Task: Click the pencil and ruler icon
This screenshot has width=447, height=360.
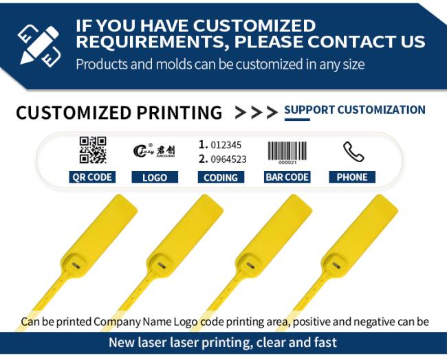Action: pyautogui.click(x=39, y=45)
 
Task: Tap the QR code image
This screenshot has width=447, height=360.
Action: pyautogui.click(x=93, y=150)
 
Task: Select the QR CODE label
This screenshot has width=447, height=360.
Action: pyautogui.click(x=92, y=177)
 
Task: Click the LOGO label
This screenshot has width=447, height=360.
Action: pyautogui.click(x=155, y=177)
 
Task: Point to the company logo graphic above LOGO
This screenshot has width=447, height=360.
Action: pyautogui.click(x=154, y=150)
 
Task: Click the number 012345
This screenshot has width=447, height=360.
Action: pyautogui.click(x=226, y=145)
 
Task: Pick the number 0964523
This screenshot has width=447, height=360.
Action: pyautogui.click(x=228, y=159)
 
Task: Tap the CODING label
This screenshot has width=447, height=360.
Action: pyautogui.click(x=221, y=177)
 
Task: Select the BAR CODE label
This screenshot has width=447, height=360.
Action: pyautogui.click(x=287, y=177)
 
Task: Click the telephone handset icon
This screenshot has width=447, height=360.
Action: pyautogui.click(x=353, y=152)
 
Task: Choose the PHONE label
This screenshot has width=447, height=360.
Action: pyautogui.click(x=352, y=177)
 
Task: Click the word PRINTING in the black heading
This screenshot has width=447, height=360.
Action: pyautogui.click(x=179, y=113)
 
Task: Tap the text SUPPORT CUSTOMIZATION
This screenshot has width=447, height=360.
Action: pyautogui.click(x=355, y=110)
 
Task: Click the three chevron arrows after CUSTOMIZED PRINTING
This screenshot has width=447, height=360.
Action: pyautogui.click(x=257, y=113)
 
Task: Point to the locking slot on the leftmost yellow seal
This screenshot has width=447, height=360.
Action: pyautogui.click(x=76, y=265)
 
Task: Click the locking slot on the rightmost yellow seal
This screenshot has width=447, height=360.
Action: pyautogui.click(x=336, y=265)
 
